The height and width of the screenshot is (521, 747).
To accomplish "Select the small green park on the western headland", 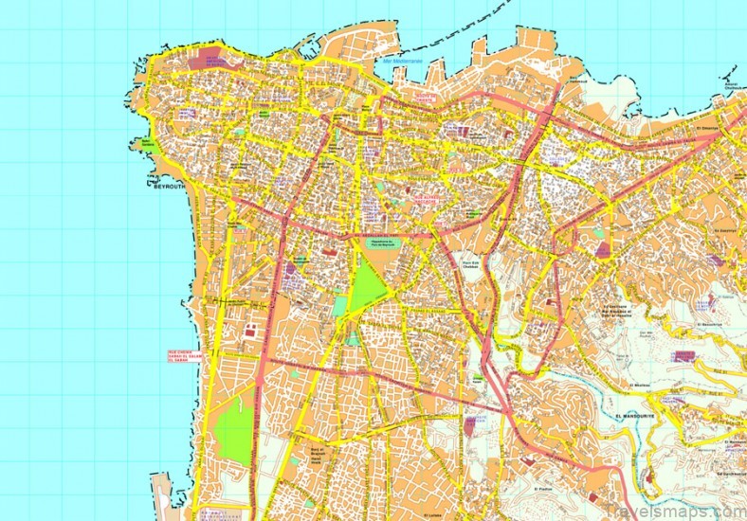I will [149, 145].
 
